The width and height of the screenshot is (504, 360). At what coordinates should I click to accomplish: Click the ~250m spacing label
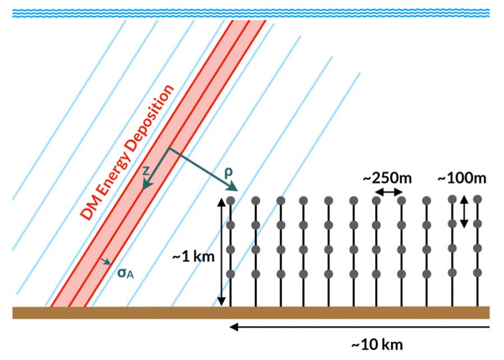388,178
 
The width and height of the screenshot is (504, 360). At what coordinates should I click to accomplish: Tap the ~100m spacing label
462,178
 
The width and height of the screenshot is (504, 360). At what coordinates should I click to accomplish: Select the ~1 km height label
193,257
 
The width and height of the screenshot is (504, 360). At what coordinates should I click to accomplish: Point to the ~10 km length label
377,345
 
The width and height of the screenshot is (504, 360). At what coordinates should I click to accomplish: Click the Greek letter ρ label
228,173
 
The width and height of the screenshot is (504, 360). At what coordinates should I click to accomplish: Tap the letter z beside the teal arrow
146,171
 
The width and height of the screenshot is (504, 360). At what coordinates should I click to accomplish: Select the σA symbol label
125,273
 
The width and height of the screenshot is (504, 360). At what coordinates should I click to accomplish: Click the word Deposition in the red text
151,118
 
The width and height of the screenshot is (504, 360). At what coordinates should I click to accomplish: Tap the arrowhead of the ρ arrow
234,188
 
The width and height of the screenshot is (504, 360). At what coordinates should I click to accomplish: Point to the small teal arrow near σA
105,261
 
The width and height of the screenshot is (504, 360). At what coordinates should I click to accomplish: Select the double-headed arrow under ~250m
389,192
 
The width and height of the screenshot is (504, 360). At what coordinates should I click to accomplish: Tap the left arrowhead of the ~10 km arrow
234,327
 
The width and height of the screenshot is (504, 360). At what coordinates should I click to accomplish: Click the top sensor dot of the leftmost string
231,200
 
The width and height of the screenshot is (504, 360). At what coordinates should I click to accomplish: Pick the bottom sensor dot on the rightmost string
478,273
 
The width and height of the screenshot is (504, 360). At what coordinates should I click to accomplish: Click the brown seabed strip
251,313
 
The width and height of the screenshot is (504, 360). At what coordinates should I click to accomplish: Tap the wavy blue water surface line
251,13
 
